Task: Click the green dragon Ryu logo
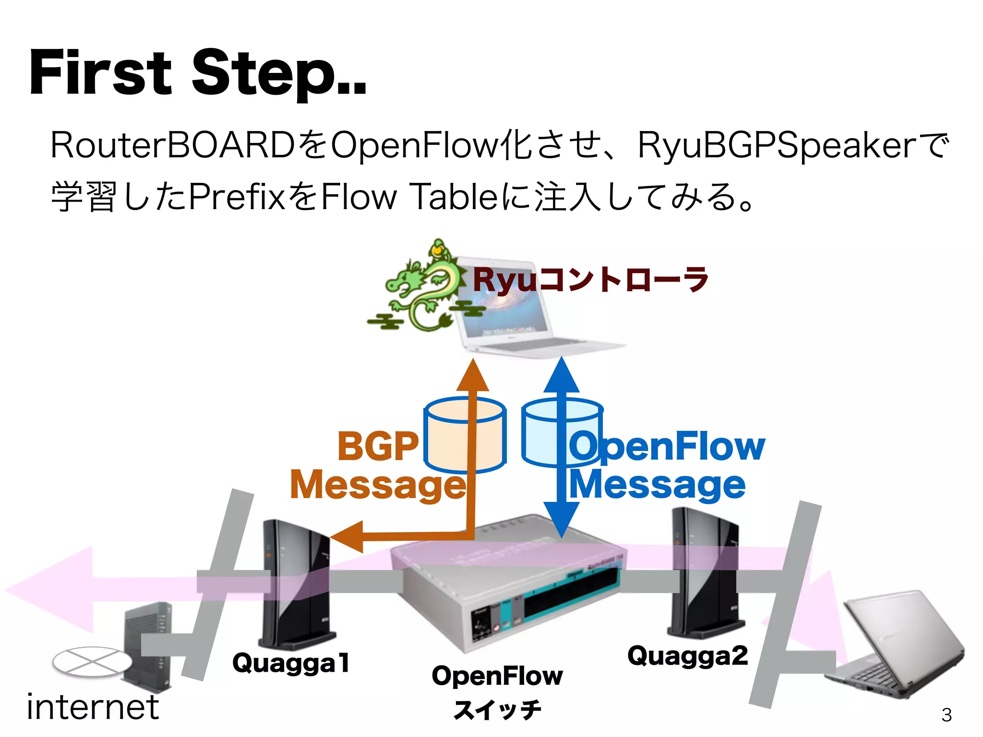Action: point(422,288)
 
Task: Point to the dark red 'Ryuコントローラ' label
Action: point(590,280)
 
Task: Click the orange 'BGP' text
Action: point(378,446)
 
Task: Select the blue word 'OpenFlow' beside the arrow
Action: point(667,446)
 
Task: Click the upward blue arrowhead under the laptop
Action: point(562,377)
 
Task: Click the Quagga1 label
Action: point(291,663)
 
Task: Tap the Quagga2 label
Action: point(687,656)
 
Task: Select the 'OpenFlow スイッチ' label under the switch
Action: point(497,691)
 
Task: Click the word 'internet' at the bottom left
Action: point(93,707)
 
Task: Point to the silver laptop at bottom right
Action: point(893,643)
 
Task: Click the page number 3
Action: point(946,715)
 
